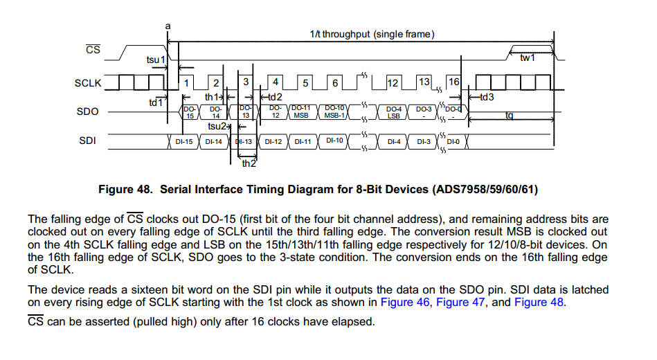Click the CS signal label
tap(93, 50)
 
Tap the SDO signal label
tap(88, 111)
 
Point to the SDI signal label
tap(88, 141)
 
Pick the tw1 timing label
tap(528, 57)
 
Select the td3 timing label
tap(487, 97)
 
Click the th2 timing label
tap(249, 164)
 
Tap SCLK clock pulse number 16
tap(453, 82)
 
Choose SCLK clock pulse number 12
tap(393, 83)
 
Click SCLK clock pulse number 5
tap(305, 83)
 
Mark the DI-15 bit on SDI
tap(184, 142)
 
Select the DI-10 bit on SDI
tap(334, 141)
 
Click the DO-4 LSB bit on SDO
tap(394, 112)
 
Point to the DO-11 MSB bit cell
tap(301, 111)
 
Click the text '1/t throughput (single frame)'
tap(372, 35)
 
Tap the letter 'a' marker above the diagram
tap(168, 26)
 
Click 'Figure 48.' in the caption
tap(125, 189)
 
